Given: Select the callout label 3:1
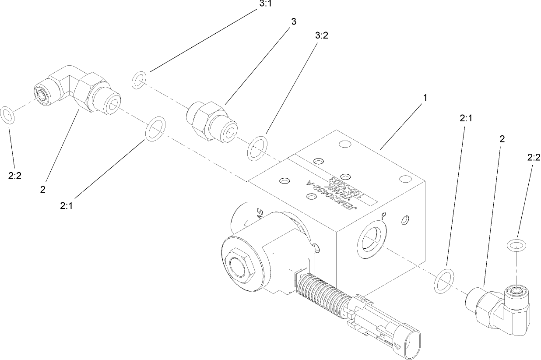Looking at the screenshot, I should pos(265,3).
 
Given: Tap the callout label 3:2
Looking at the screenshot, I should pos(321,36).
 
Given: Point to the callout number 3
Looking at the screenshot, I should pos(293,22).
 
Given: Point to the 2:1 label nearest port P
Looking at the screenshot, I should pos(465,118).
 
